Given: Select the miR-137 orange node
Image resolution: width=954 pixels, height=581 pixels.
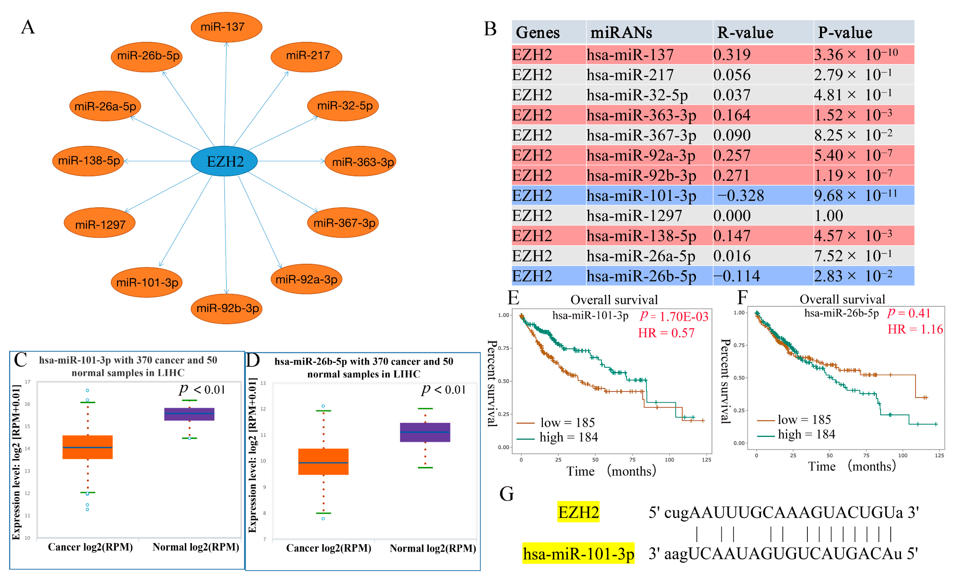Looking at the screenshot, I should click(226, 27).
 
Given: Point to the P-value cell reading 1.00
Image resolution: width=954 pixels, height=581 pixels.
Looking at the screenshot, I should click(828, 216).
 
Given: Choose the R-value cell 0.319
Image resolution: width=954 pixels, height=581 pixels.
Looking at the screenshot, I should click(732, 54).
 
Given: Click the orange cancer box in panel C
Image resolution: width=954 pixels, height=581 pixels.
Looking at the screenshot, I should click(87, 447).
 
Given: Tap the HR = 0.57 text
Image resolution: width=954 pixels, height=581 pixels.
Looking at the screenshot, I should click(666, 333).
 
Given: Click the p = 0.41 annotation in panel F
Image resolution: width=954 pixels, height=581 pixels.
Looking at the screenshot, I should click(909, 312).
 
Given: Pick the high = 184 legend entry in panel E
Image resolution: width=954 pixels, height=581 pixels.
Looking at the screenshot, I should click(568, 437).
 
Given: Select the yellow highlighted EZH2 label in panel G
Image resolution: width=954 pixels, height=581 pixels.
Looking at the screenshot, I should click(578, 512).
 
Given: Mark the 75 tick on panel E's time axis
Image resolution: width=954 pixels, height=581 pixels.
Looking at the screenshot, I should click(632, 460).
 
